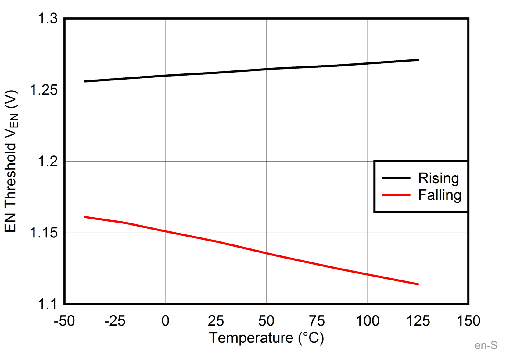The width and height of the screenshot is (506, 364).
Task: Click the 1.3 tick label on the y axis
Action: point(48,19)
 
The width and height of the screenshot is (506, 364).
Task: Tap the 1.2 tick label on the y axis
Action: point(48,161)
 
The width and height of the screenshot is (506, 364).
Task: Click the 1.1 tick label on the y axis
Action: point(48,304)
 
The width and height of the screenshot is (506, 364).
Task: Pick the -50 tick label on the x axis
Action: point(64,321)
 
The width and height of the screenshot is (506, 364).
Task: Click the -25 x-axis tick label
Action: point(115,321)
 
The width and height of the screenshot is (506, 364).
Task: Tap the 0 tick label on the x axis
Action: point(165,321)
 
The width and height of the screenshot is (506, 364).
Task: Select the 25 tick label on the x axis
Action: point(216,321)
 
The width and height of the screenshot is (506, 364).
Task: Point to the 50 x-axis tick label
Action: point(266,321)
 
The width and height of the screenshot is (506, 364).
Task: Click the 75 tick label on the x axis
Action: point(317,321)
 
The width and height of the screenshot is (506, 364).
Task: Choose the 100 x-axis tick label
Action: point(368,321)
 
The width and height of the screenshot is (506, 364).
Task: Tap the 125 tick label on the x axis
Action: point(418,321)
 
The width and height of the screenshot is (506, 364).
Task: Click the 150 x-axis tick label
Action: point(468,321)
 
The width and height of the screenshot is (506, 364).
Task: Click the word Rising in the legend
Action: point(438,178)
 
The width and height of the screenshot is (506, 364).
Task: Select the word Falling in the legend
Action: point(440,195)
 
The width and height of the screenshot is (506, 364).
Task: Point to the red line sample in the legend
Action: point(396,194)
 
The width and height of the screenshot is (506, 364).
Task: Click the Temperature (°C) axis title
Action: point(266,338)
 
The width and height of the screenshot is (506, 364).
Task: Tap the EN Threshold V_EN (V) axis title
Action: point(11,161)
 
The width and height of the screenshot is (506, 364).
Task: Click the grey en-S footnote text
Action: point(486,346)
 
